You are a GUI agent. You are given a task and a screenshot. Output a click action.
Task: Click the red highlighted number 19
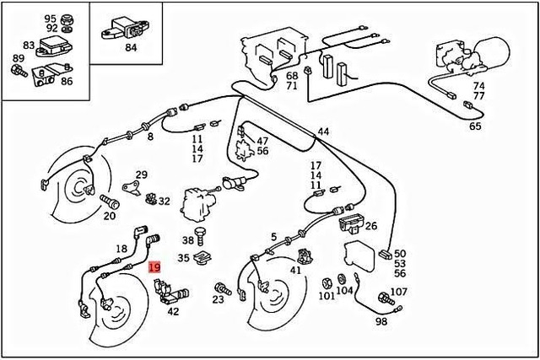(154, 269)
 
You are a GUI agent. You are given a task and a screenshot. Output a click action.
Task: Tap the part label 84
(130, 47)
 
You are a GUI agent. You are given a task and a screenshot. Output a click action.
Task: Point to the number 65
(475, 126)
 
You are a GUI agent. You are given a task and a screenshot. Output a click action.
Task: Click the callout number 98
(381, 322)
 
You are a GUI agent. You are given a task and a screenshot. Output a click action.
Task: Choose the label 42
(173, 311)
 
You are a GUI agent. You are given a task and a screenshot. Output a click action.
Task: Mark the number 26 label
(370, 226)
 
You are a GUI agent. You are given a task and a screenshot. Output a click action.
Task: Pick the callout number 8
(150, 136)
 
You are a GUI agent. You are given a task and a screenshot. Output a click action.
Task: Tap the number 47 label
(262, 141)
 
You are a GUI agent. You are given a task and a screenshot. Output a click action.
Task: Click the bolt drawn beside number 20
(107, 201)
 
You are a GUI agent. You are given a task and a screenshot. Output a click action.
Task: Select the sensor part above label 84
(124, 29)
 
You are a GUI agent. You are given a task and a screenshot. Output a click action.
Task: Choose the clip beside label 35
(202, 258)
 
